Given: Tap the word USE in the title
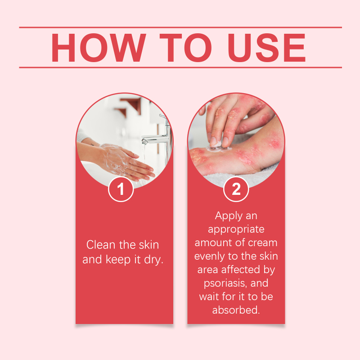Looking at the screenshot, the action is [x=266, y=48].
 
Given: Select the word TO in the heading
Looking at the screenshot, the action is [x=185, y=48].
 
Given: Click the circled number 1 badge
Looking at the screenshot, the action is [x=121, y=189].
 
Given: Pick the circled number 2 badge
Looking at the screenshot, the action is [x=236, y=189].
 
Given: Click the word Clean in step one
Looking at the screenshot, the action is [x=101, y=245].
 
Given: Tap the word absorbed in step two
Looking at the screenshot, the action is [x=235, y=310].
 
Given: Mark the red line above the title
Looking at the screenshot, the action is [x=180, y=27].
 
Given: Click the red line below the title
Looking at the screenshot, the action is [x=180, y=67].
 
